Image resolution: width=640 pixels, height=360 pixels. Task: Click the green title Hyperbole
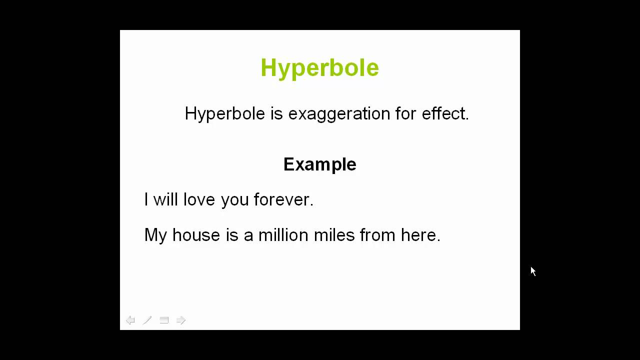point(319,68)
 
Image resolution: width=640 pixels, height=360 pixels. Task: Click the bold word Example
point(319,164)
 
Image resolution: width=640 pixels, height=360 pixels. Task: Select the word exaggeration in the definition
point(339,114)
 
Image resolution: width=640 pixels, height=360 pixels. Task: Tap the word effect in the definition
point(445,113)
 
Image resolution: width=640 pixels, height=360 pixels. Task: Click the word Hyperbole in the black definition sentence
point(225,114)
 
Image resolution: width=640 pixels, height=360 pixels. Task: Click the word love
point(199,199)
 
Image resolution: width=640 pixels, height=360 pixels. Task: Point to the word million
point(283,235)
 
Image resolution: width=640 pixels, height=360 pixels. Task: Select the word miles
point(334,235)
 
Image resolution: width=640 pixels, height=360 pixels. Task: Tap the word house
point(196,235)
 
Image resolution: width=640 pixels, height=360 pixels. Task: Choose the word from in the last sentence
point(377,235)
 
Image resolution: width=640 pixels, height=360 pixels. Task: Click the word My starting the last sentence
point(155,235)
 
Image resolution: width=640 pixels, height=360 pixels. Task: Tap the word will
point(165,199)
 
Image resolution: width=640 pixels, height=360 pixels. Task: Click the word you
point(234,200)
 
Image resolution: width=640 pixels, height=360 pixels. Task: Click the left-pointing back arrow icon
point(130,320)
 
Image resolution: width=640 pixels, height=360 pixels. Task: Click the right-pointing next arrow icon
point(181,320)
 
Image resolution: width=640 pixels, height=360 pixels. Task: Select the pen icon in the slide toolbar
point(147,320)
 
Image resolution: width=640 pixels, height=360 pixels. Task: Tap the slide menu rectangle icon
point(164,320)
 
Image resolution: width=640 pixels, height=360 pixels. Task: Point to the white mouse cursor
point(533,271)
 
